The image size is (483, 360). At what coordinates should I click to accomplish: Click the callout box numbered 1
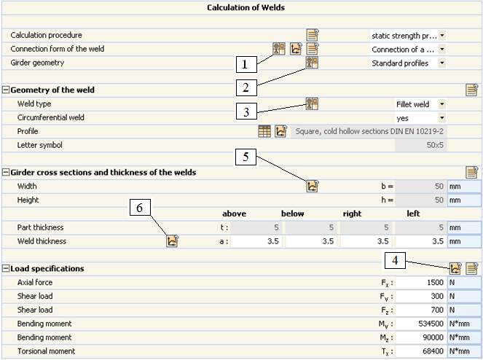[x=246, y=64]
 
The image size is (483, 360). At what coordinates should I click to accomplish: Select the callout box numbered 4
[x=395, y=260]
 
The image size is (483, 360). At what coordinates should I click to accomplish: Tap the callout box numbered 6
[x=140, y=207]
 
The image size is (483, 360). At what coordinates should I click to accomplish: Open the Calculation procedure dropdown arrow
[x=442, y=36]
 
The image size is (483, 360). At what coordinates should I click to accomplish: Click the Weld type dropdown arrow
[x=442, y=104]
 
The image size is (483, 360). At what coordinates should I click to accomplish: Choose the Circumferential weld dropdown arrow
[x=442, y=118]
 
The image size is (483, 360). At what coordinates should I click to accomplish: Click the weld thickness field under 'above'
[x=256, y=241]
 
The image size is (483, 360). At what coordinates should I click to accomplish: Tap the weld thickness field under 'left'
[x=421, y=241]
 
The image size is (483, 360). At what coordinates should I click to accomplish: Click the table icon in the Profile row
[x=264, y=131]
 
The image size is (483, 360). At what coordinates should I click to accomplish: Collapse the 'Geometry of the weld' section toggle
[x=6, y=90]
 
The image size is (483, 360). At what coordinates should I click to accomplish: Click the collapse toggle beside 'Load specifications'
[x=6, y=268]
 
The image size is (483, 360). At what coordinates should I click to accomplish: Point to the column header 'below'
[x=292, y=214]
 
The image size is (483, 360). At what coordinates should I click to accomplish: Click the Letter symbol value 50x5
[x=435, y=145]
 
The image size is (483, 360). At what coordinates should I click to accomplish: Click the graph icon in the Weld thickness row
[x=172, y=241]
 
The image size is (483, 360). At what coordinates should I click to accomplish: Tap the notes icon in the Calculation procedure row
[x=312, y=35]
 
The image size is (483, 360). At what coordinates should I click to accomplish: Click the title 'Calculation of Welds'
[x=246, y=8]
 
